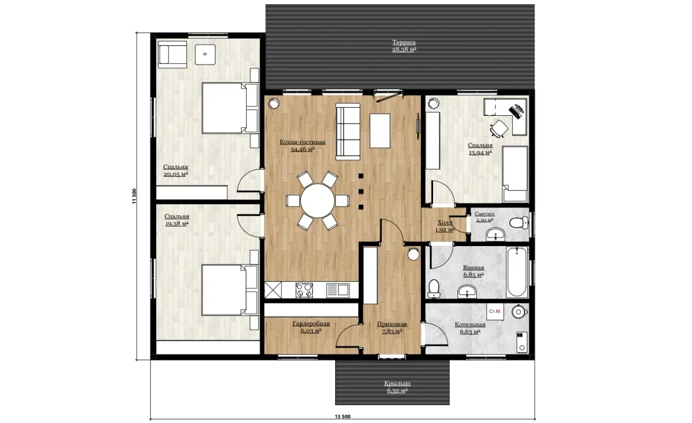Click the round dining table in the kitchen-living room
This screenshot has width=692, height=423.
pyautogui.click(x=318, y=201)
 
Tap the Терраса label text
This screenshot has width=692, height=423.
pyautogui.click(x=404, y=42)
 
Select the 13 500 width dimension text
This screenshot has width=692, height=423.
pyautogui.click(x=343, y=417)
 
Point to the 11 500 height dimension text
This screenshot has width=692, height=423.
pyautogui.click(x=134, y=196)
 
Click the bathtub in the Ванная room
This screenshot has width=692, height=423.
pyautogui.click(x=517, y=271)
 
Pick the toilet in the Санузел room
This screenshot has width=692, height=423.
pyautogui.click(x=520, y=222)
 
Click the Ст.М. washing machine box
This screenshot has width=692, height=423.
pyautogui.click(x=495, y=312)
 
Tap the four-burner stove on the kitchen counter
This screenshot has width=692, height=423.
pyautogui.click(x=304, y=290)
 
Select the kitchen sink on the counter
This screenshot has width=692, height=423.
pyautogui.click(x=338, y=290)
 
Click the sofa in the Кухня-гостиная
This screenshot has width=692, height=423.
pyautogui.click(x=348, y=131)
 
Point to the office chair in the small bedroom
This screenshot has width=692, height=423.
pyautogui.click(x=499, y=128)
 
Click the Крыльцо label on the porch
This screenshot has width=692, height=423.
pyautogui.click(x=397, y=383)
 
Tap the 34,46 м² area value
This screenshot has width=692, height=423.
pyautogui.click(x=302, y=150)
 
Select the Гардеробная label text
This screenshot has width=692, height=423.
pyautogui.click(x=311, y=324)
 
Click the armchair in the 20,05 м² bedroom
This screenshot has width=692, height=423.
pyautogui.click(x=172, y=55)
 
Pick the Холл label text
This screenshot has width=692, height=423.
pyautogui.click(x=445, y=222)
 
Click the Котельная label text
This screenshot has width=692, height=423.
pyautogui.click(x=470, y=325)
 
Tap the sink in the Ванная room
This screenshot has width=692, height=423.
pyautogui.click(x=467, y=292)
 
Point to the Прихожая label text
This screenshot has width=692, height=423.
pyautogui.click(x=392, y=324)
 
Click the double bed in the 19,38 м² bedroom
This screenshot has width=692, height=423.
pyautogui.click(x=230, y=290)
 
